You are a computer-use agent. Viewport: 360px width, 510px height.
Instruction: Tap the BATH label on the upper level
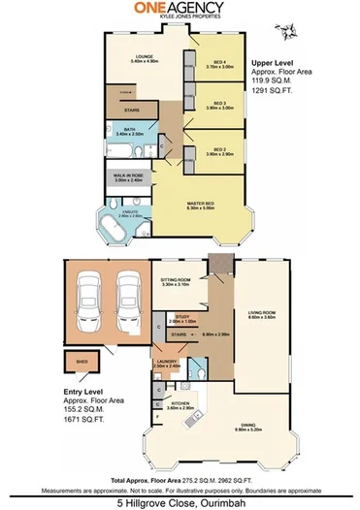click(x=128, y=131)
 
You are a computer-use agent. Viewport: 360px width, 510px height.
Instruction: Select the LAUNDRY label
click(x=167, y=363)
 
